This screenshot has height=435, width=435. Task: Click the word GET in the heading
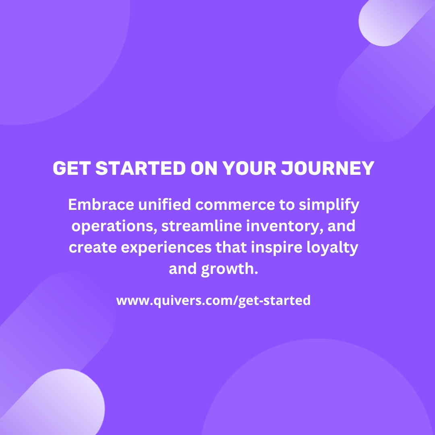72,168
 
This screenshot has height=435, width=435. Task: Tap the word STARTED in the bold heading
141,168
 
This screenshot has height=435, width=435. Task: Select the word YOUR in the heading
249,168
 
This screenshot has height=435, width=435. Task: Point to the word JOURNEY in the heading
328,168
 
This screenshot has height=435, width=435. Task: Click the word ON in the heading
204,168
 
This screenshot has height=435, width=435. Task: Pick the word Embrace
101,205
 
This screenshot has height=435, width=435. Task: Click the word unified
164,205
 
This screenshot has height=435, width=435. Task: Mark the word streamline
202,226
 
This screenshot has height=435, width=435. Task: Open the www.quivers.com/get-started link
213,301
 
